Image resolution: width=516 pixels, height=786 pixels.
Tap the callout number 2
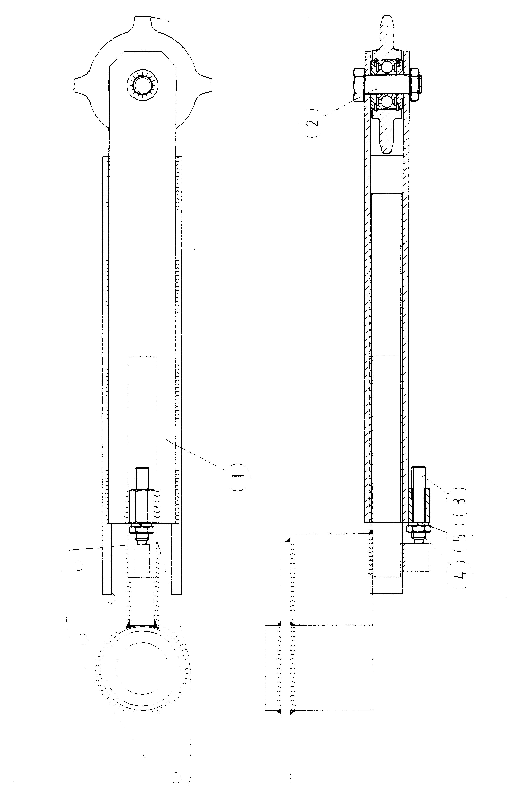pos(314,123)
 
